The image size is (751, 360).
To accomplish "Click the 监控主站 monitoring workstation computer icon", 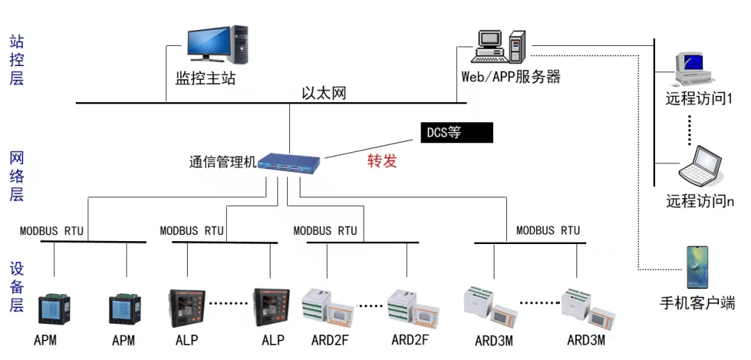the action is click(x=218, y=44).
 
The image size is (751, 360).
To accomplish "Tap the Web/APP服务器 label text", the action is click(x=511, y=76).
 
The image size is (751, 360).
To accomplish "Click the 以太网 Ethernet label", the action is click(x=324, y=93).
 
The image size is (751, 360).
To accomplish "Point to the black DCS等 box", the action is click(x=456, y=133).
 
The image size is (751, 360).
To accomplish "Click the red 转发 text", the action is click(x=382, y=161).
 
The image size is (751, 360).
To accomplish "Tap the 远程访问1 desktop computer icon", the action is click(x=692, y=69).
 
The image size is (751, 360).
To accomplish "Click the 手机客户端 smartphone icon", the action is click(x=697, y=267).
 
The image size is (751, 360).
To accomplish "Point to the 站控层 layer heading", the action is click(x=17, y=60).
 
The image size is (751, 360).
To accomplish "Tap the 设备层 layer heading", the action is click(x=17, y=287).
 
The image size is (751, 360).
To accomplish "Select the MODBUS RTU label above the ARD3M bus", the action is click(x=548, y=230).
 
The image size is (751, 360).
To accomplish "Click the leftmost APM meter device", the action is click(x=54, y=309).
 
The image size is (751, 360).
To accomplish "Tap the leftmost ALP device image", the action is click(x=187, y=308).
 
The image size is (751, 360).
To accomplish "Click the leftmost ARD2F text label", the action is click(x=330, y=341).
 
